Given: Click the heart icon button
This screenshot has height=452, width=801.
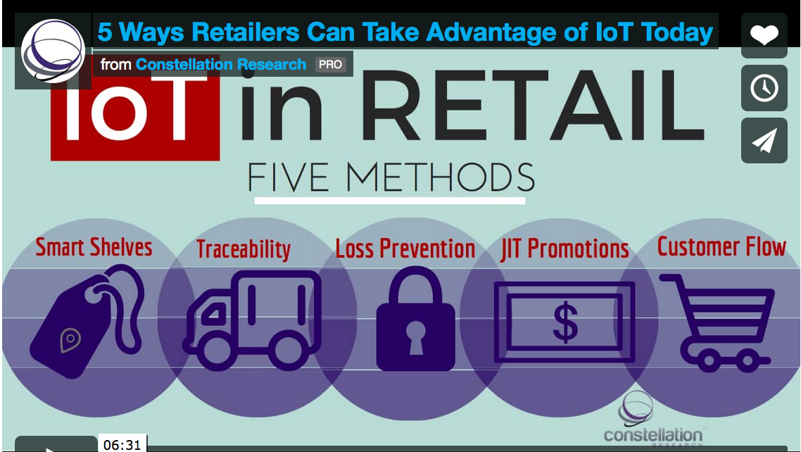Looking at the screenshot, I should coord(764,35).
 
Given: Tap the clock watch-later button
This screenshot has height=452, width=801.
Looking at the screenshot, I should coord(764,88).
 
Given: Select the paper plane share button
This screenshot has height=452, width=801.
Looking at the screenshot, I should coord(764,141).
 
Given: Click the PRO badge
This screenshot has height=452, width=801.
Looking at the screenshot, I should coord(330,65).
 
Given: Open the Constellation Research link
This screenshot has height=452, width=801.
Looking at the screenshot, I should coord(221,65).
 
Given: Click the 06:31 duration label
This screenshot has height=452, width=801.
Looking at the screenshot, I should coord(122,444).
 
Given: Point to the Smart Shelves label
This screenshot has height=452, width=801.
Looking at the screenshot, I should coord(94,247).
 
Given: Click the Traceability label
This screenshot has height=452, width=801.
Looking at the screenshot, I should coord(243,249).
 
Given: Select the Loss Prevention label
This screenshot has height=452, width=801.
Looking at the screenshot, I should coord(405,249).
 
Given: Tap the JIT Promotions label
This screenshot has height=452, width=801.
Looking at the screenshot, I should coord(565,249).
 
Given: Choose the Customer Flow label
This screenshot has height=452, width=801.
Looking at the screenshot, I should coord(721,247).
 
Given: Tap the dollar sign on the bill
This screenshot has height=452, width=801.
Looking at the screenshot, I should coord(565,322).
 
